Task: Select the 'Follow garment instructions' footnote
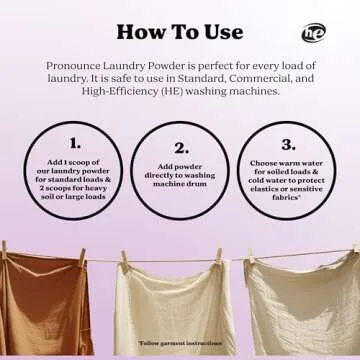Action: coord(181,342)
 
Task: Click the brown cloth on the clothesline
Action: coord(50,305)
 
